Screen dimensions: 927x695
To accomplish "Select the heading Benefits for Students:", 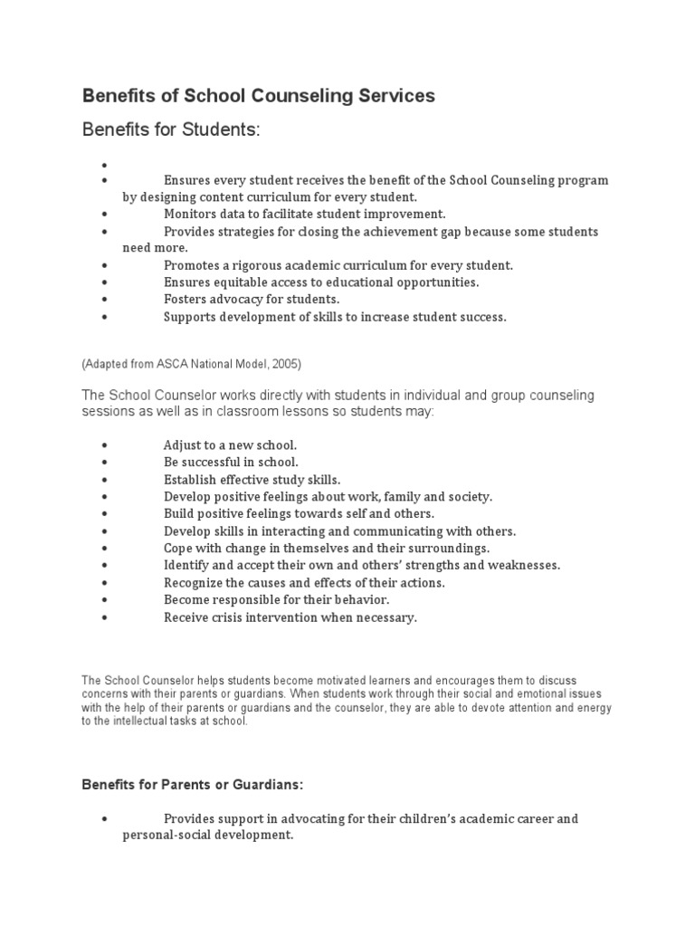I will [x=171, y=130].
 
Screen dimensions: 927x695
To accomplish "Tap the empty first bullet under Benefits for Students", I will [x=106, y=165].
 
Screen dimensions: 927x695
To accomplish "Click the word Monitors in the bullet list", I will [x=192, y=215].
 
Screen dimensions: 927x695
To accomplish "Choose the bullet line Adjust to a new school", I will [x=230, y=445].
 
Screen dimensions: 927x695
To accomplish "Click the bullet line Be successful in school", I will [x=231, y=463].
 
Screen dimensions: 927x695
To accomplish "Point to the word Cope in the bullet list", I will [x=179, y=549].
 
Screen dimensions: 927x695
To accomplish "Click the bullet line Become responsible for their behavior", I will [x=276, y=600].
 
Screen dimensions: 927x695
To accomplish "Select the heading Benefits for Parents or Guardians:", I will [x=199, y=784].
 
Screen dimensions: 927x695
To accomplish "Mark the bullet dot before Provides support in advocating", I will [x=106, y=818].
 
